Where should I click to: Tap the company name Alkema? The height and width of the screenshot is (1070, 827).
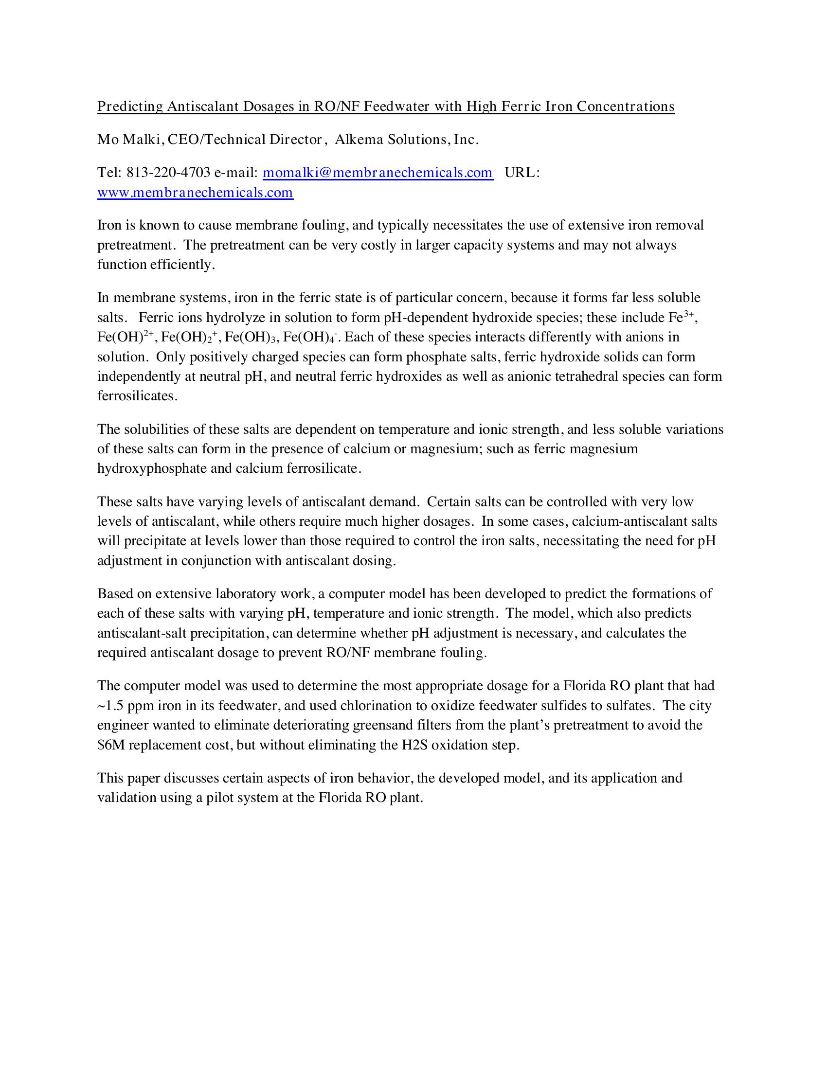tap(359, 140)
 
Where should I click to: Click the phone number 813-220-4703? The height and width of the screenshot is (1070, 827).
tap(168, 173)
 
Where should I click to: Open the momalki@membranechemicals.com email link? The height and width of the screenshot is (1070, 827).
tap(378, 173)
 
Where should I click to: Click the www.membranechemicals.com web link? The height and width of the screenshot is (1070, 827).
tap(195, 192)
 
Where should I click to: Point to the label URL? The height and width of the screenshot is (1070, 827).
tap(522, 173)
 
